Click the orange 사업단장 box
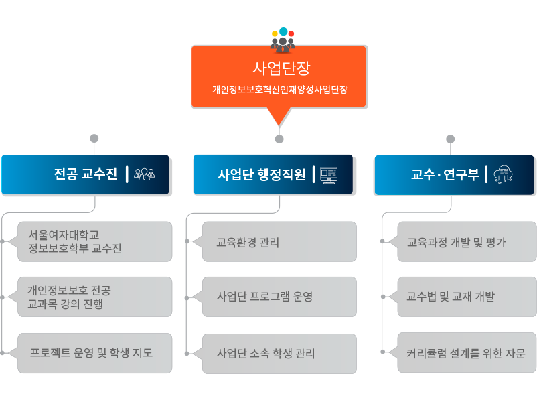click(x=279, y=76)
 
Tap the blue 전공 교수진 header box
click(x=85, y=174)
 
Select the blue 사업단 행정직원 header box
click(x=273, y=174)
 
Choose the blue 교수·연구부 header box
click(x=454, y=175)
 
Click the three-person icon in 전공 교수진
click(x=144, y=174)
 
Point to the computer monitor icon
click(x=329, y=175)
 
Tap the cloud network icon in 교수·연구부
click(x=503, y=174)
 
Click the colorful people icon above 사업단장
click(x=283, y=40)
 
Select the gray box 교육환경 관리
click(x=279, y=242)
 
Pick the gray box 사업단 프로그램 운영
click(x=279, y=297)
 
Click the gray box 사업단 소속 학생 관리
click(x=279, y=353)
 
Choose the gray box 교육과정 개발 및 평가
click(x=467, y=242)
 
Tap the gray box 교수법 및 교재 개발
click(x=467, y=297)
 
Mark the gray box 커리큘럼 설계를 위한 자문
click(x=467, y=352)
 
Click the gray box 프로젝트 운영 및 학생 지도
click(x=94, y=353)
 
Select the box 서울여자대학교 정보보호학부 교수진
click(x=94, y=242)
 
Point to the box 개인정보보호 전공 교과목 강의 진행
click(x=94, y=297)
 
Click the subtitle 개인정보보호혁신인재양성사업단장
click(x=280, y=90)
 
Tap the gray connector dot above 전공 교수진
click(x=94, y=139)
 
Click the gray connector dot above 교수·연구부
click(x=451, y=139)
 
